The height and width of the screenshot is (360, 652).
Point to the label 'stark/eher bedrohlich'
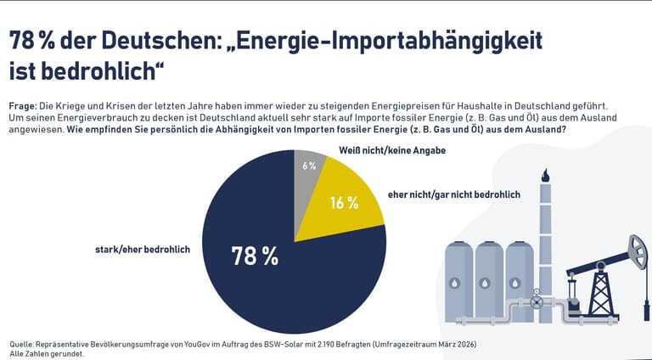[x=142, y=249]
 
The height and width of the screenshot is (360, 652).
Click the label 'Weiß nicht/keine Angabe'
[x=380, y=150]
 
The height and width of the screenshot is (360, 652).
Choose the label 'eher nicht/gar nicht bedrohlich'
[x=453, y=194]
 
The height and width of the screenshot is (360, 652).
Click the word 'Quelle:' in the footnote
[x=22, y=344]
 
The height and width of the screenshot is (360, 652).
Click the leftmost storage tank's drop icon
[x=458, y=283]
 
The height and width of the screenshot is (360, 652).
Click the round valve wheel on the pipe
[x=536, y=301]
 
